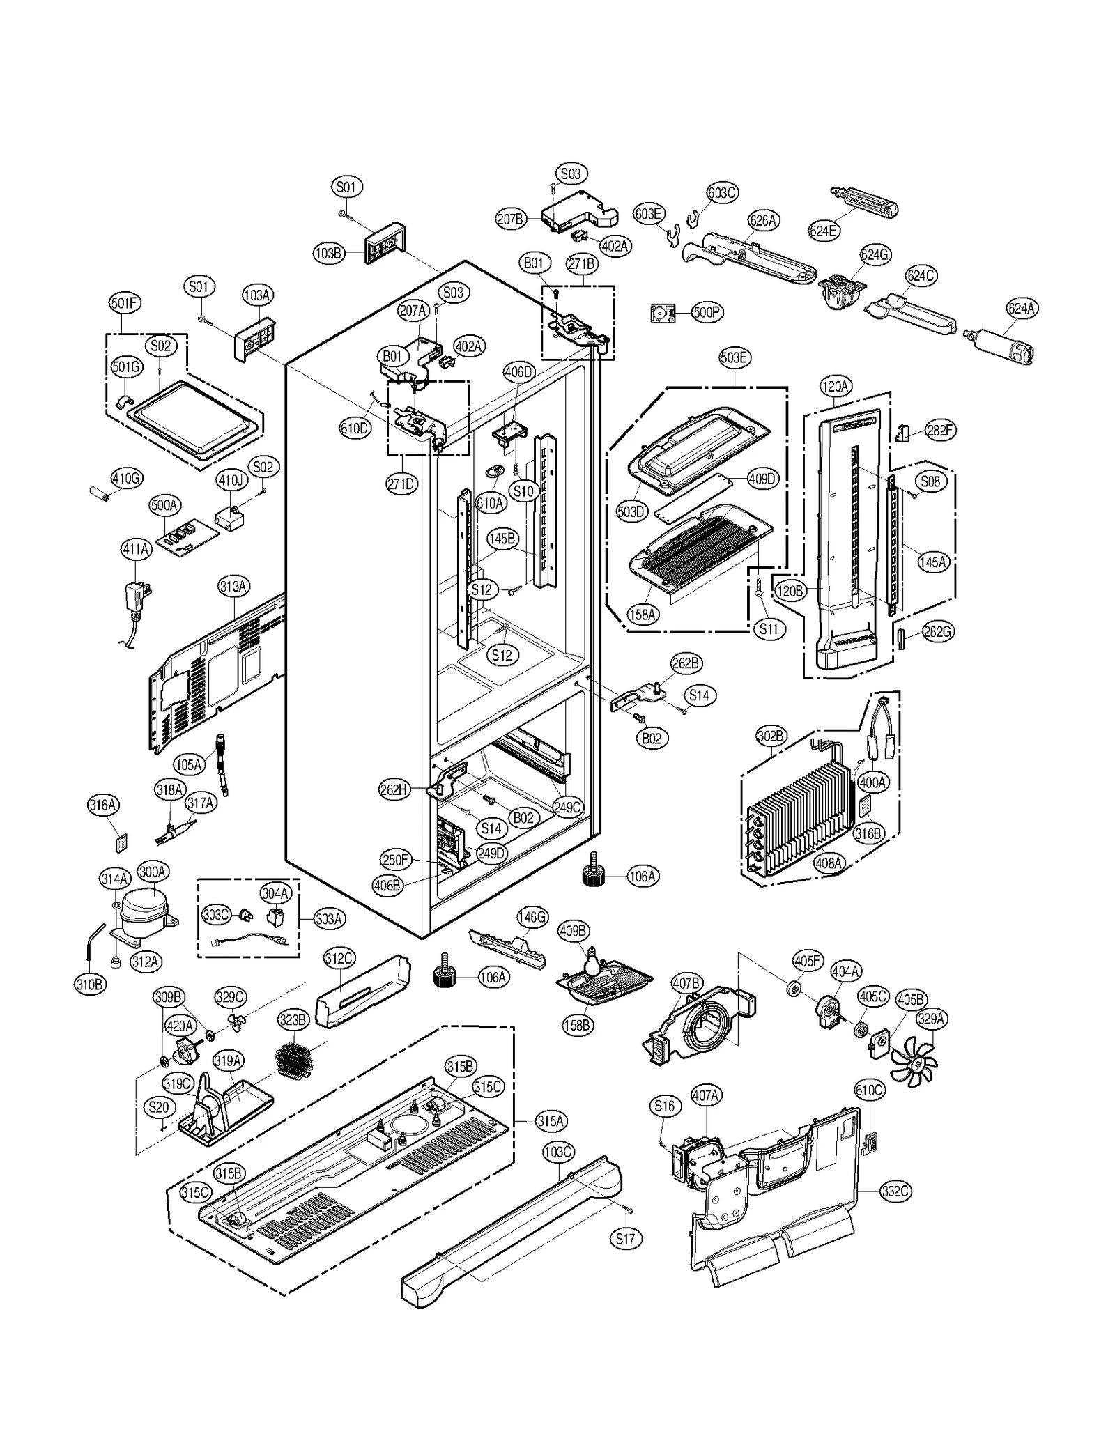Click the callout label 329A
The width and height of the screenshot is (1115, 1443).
coord(930,1019)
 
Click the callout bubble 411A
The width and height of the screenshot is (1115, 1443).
coord(136,550)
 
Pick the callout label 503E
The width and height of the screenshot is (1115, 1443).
coord(734,358)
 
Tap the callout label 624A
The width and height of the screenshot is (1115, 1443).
coord(1022,308)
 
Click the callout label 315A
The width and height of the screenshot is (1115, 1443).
coord(550,1121)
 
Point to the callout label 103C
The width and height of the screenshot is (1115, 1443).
coord(557,1152)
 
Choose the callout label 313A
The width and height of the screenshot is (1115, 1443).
coord(233,586)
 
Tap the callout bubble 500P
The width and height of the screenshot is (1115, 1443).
coord(706,312)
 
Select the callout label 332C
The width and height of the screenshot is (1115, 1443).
coord(895,1191)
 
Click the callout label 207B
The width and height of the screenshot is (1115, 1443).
coord(510,219)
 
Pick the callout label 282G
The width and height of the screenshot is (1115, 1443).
coord(937,632)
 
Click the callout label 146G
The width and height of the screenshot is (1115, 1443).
coord(532,917)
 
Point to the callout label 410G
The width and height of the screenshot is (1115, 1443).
coord(126,478)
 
